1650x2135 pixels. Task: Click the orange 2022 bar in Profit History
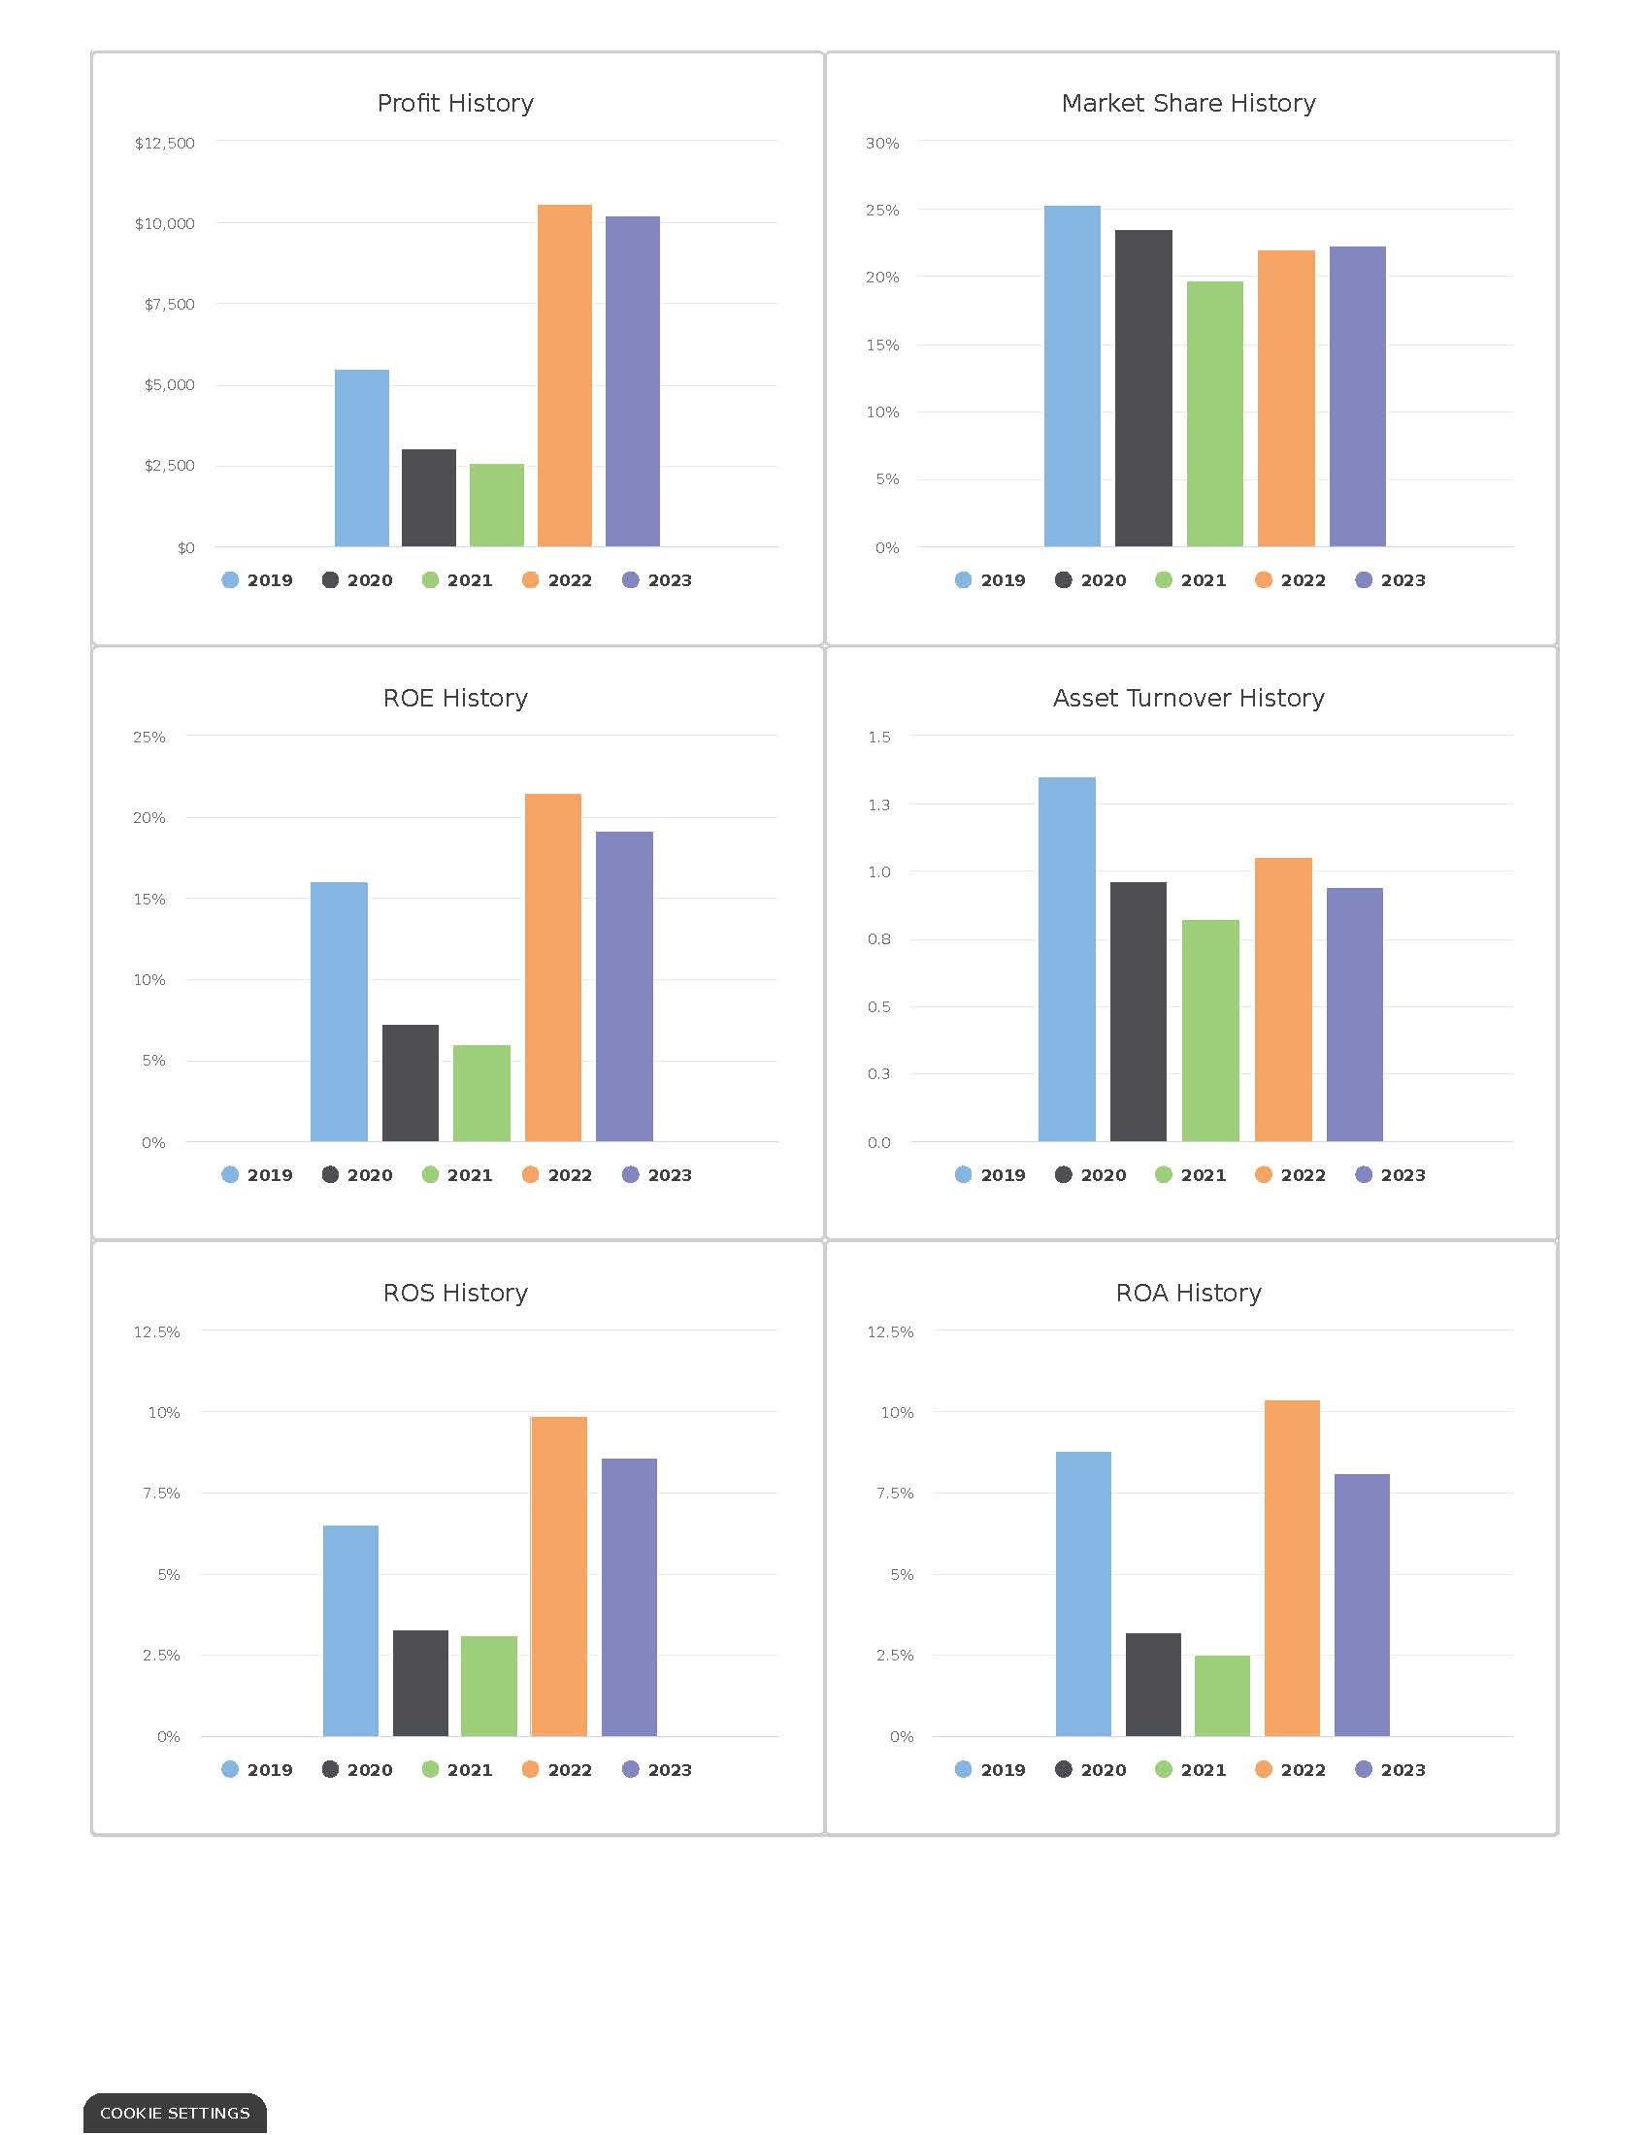(x=564, y=376)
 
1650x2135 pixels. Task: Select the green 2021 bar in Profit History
(x=497, y=506)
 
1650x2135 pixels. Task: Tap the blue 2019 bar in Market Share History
(x=1072, y=376)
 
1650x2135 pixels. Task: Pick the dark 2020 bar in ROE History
(x=410, y=1082)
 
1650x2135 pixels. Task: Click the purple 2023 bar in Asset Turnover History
(x=1354, y=1014)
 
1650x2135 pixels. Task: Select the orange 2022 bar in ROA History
(x=1291, y=1568)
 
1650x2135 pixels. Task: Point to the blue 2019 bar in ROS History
(x=350, y=1630)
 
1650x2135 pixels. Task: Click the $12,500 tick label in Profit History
(x=164, y=143)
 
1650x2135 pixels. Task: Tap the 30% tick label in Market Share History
(x=881, y=143)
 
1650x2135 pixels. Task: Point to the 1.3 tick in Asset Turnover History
(x=878, y=805)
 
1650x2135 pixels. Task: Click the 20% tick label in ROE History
(x=148, y=817)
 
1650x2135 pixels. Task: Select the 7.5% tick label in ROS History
(x=161, y=1493)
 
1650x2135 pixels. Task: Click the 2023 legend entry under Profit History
(x=657, y=579)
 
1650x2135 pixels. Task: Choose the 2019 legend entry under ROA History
(x=989, y=1769)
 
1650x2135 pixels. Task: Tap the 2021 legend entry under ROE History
(x=456, y=1174)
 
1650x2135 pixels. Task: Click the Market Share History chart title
(x=1188, y=103)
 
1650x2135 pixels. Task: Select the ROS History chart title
(x=454, y=1293)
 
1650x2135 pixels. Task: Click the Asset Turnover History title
(x=1188, y=697)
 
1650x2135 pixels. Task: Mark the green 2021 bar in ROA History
(x=1221, y=1696)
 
